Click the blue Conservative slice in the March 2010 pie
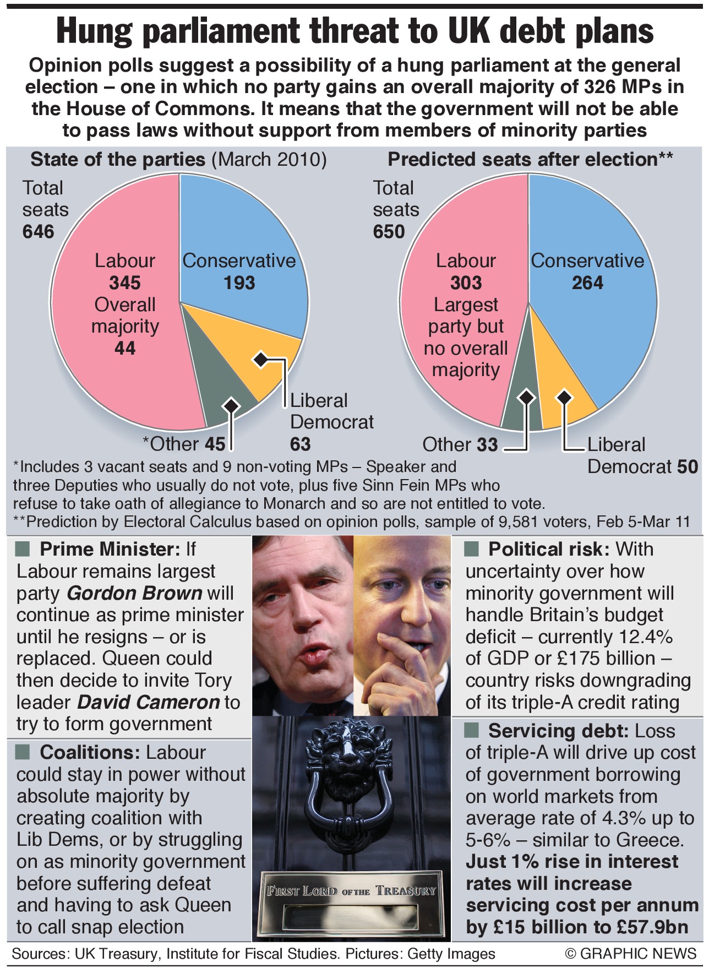(x=242, y=231)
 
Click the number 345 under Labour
(x=125, y=282)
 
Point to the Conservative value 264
(x=587, y=282)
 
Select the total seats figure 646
(x=39, y=232)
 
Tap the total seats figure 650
(x=389, y=232)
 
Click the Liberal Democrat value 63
(x=301, y=444)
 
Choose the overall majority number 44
(x=125, y=348)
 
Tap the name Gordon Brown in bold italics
(x=135, y=593)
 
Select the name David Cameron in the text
(x=149, y=702)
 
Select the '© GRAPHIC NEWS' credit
(x=631, y=954)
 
